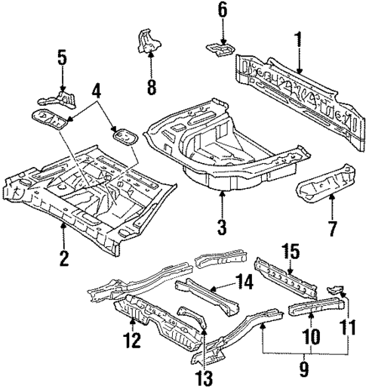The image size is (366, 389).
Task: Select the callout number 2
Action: pyautogui.click(x=63, y=258)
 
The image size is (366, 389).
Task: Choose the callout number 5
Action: pyautogui.click(x=61, y=57)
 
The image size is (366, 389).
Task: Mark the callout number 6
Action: pyautogui.click(x=222, y=11)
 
